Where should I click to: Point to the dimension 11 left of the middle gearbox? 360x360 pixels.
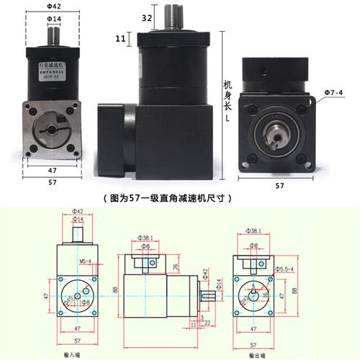pyautogui.click(x=121, y=37)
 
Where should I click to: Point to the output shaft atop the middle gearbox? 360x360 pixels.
pyautogui.click(x=173, y=17)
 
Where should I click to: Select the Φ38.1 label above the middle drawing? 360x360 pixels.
pyautogui.click(x=147, y=236)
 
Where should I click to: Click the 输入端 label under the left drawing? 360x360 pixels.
pyautogui.click(x=72, y=355)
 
